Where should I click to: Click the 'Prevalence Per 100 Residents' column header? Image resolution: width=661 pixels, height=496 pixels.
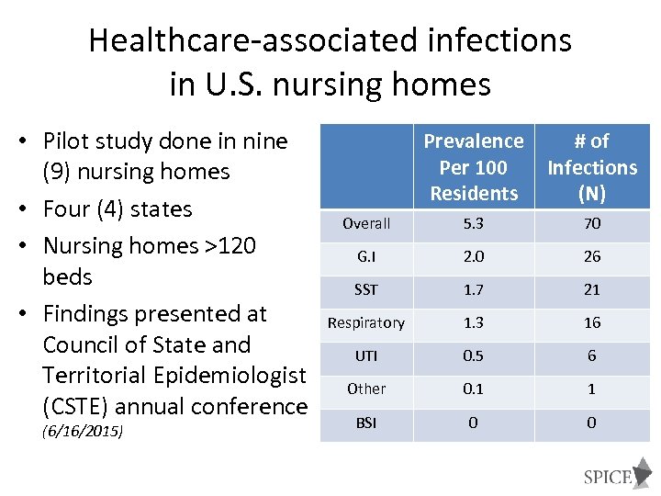pyautogui.click(x=473, y=167)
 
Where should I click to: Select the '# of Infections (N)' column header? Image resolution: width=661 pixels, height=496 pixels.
pyautogui.click(x=592, y=167)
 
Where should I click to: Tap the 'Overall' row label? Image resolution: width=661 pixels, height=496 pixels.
pyautogui.click(x=366, y=223)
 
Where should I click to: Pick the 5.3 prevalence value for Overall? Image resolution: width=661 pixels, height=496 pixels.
pyautogui.click(x=473, y=223)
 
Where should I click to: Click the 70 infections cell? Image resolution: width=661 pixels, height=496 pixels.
pyautogui.click(x=592, y=223)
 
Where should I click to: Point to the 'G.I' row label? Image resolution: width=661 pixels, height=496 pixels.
pyautogui.click(x=366, y=256)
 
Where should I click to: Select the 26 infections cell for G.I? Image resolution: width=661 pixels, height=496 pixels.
pyautogui.click(x=592, y=256)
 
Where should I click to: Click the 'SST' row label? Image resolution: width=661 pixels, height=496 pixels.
pyautogui.click(x=366, y=289)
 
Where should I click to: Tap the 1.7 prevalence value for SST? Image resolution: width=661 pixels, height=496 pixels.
pyautogui.click(x=473, y=289)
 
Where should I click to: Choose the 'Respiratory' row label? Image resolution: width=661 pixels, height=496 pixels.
pyautogui.click(x=366, y=322)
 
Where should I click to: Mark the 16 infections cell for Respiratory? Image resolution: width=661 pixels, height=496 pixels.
pyautogui.click(x=592, y=322)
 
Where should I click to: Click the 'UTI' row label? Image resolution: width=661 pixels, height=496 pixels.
pyautogui.click(x=366, y=355)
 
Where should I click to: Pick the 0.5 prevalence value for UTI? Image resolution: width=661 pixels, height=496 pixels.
pyautogui.click(x=473, y=355)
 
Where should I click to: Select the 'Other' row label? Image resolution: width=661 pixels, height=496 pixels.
pyautogui.click(x=366, y=389)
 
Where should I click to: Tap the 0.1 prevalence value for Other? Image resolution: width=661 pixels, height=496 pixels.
pyautogui.click(x=473, y=389)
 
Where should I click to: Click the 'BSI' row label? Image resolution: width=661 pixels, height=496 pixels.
pyautogui.click(x=366, y=423)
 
